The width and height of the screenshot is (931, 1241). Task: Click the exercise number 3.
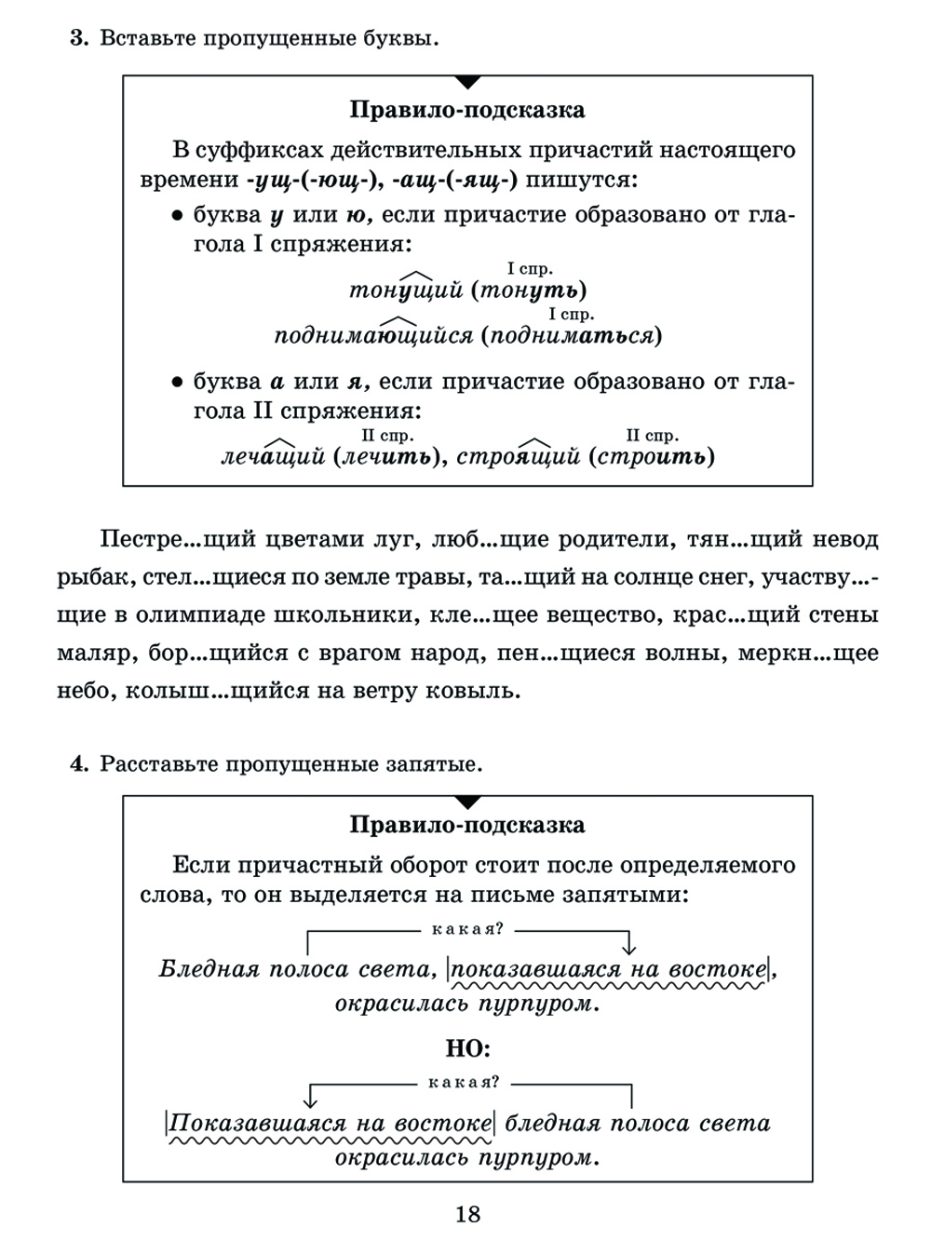[x=78, y=39]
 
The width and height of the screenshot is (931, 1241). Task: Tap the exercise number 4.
[x=78, y=764]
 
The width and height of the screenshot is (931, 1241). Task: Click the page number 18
[x=468, y=1214]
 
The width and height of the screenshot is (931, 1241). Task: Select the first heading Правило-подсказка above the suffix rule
[x=467, y=110]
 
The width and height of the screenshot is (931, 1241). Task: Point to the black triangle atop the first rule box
[x=468, y=82]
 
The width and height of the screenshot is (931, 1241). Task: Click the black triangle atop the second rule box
[x=468, y=802]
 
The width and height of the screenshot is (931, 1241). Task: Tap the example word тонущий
[x=406, y=290]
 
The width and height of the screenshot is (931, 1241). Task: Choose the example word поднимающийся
[x=373, y=335]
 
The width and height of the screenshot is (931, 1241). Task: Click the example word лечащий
[x=273, y=456]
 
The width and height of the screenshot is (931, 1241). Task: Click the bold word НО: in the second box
[x=468, y=1049]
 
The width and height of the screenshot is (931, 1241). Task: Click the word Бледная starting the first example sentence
[x=209, y=969]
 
